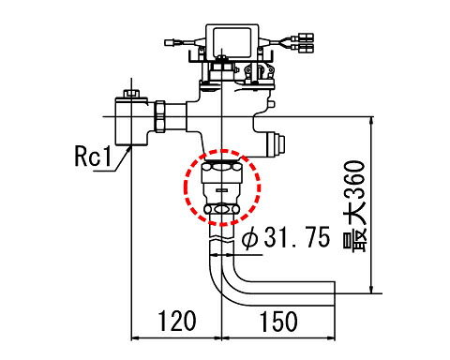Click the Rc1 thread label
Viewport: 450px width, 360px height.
click(x=93, y=156)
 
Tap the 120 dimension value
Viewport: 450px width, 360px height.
click(x=177, y=321)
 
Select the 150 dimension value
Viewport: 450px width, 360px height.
click(x=278, y=322)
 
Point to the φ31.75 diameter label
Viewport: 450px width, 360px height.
click(x=286, y=237)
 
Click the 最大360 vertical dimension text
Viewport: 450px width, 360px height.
click(x=354, y=206)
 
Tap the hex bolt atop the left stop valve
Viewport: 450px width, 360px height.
click(x=131, y=94)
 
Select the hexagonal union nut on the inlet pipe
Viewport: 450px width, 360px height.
click(x=160, y=116)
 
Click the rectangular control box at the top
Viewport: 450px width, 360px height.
click(x=232, y=41)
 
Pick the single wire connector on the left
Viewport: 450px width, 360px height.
click(x=170, y=42)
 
